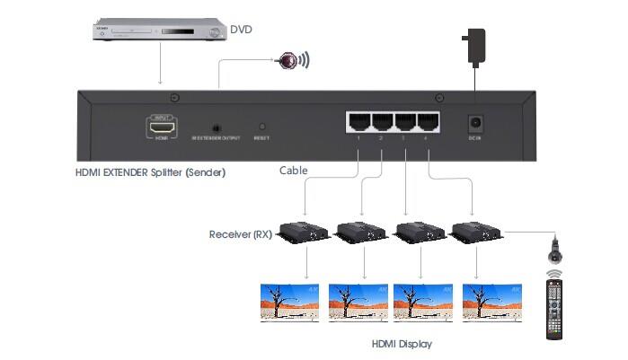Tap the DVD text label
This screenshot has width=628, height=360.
(242, 30)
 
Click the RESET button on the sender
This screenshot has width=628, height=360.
(262, 127)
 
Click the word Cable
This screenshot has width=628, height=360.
(294, 171)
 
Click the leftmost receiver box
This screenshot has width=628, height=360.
(303, 233)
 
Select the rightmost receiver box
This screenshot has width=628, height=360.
(475, 233)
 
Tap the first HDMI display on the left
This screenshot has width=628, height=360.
(289, 302)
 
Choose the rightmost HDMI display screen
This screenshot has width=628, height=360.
(492, 302)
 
